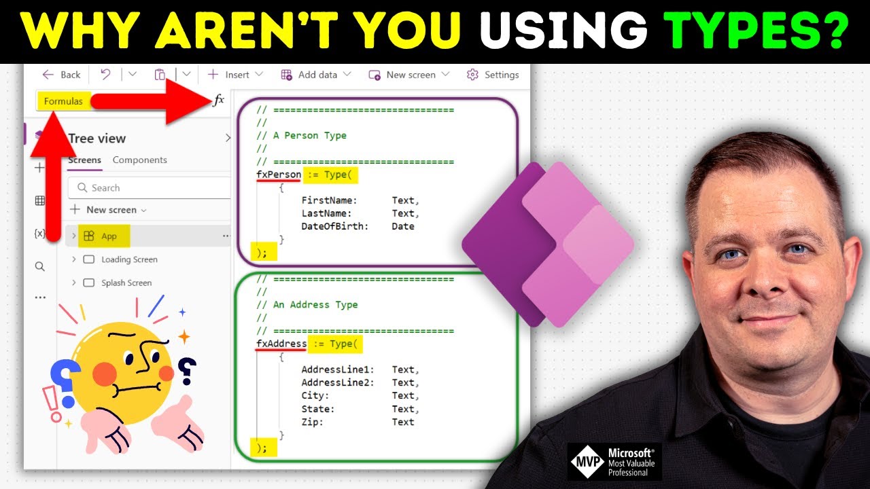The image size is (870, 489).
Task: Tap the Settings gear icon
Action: [472, 75]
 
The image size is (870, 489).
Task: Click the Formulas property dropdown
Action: [63, 101]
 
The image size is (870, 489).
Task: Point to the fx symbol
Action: [218, 101]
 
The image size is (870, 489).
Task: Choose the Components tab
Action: [139, 160]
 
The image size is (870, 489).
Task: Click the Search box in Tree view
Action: [150, 187]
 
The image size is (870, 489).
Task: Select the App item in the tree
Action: [109, 236]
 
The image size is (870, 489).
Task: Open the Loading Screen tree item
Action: [129, 259]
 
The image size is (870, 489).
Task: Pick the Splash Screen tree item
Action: [126, 283]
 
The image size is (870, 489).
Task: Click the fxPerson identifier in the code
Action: [279, 175]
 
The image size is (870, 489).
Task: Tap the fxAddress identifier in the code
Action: [281, 344]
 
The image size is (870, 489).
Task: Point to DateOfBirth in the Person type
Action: [334, 226]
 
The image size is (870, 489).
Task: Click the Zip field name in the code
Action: [312, 422]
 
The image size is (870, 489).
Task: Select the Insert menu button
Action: [228, 75]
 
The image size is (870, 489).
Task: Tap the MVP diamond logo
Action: [585, 462]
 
